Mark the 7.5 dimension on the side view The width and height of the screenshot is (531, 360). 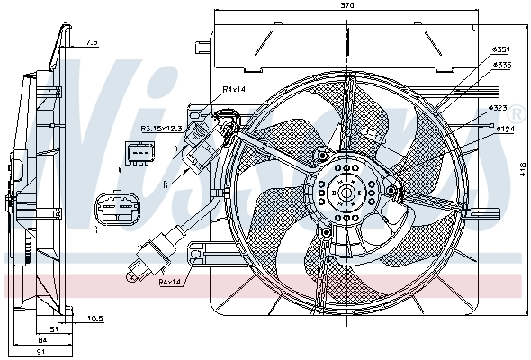coord(92,42)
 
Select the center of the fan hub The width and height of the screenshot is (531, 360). coord(343,191)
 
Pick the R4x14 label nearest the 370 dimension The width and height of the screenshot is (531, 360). coord(234,88)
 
